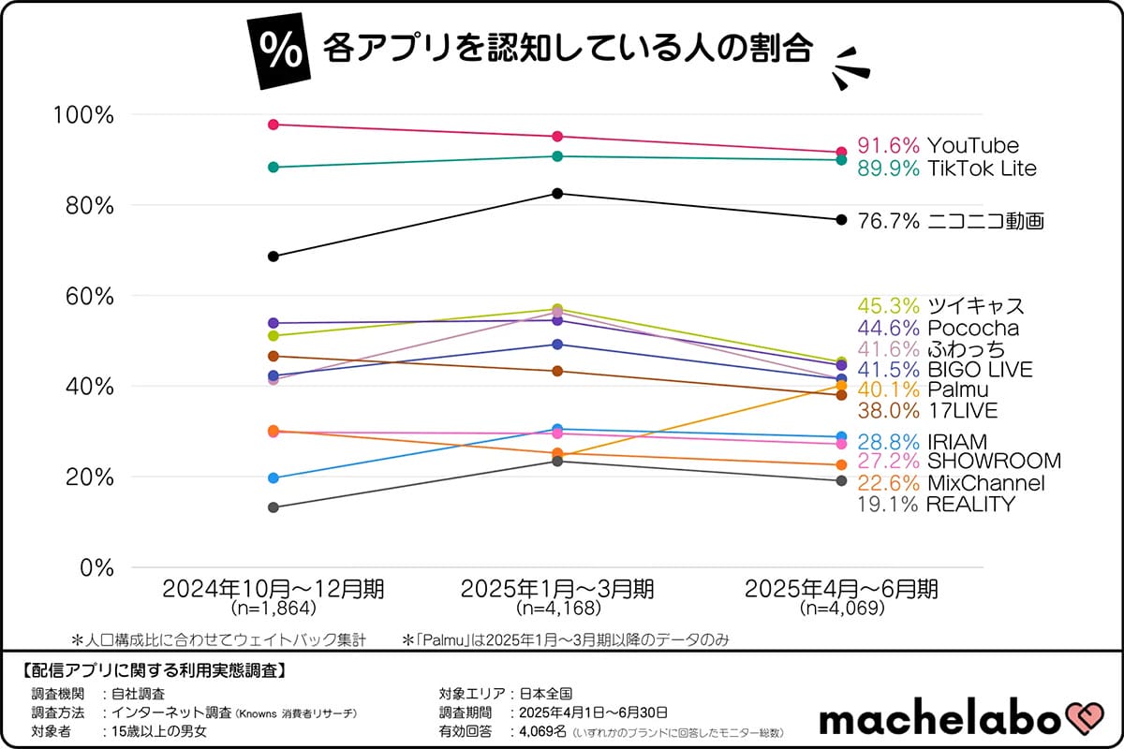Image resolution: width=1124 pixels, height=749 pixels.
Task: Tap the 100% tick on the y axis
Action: click(85, 115)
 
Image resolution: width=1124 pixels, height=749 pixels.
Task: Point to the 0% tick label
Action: click(96, 567)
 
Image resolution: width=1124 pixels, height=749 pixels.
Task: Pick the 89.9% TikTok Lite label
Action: click(947, 169)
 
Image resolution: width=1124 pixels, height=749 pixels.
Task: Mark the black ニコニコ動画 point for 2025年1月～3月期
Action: click(557, 194)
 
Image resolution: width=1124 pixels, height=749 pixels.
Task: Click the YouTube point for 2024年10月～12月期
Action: click(274, 125)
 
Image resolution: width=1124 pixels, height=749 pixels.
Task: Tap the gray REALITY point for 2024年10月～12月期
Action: click(274, 507)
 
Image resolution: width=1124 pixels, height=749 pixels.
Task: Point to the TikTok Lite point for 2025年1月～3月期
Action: click(557, 156)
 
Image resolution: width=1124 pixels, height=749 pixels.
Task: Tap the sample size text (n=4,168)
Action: click(557, 609)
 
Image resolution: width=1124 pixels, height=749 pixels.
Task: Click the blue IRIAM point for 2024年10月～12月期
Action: click(274, 478)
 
